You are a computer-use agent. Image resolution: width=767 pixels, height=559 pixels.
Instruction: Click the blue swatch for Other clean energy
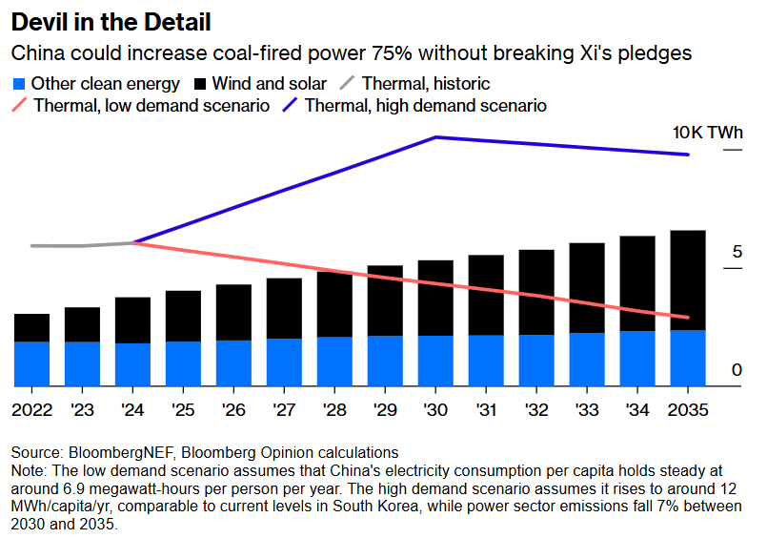(19, 83)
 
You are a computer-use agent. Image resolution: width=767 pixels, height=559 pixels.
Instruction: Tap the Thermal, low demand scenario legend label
(151, 105)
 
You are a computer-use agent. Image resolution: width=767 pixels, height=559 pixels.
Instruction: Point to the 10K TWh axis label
(707, 133)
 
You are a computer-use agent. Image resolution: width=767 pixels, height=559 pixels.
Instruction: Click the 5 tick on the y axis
(737, 252)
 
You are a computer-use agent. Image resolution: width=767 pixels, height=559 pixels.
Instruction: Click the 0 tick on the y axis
(737, 370)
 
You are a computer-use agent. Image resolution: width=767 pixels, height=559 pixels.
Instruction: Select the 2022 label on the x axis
(31, 409)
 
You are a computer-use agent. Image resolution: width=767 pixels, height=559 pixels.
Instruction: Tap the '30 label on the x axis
(435, 409)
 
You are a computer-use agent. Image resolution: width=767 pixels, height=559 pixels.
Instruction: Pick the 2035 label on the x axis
(688, 409)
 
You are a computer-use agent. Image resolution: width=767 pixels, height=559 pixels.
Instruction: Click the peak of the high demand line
(435, 137)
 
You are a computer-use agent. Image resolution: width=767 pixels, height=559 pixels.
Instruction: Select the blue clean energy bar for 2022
(31, 363)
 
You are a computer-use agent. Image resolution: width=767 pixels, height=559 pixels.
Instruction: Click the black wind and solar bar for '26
(233, 312)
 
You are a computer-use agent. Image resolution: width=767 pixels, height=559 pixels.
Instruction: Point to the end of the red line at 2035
(688, 318)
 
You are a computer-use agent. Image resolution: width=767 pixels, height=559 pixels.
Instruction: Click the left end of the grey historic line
(32, 246)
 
